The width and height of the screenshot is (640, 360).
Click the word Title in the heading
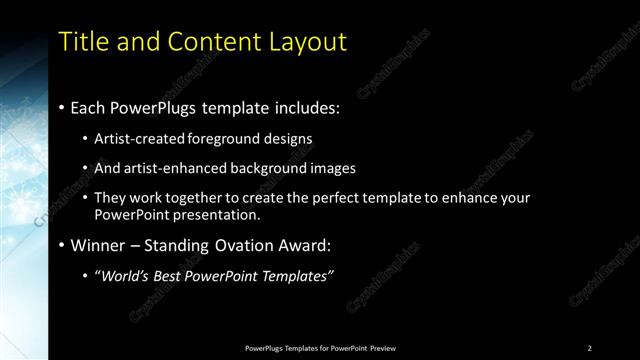coord(83,42)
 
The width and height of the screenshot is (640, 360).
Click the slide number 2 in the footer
coord(590,348)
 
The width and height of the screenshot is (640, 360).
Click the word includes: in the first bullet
coord(304,106)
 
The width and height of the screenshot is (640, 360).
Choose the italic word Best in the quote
coord(167,276)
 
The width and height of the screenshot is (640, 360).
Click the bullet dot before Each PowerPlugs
coord(62,107)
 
